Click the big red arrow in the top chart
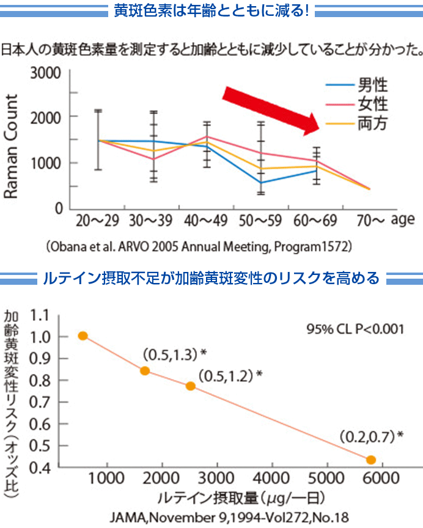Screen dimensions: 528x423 (271, 110)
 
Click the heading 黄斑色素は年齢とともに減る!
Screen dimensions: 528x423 (211, 10)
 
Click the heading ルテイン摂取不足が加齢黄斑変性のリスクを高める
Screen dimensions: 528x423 (211, 279)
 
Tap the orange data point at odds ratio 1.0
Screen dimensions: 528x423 (83, 335)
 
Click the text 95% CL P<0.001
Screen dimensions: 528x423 (355, 328)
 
